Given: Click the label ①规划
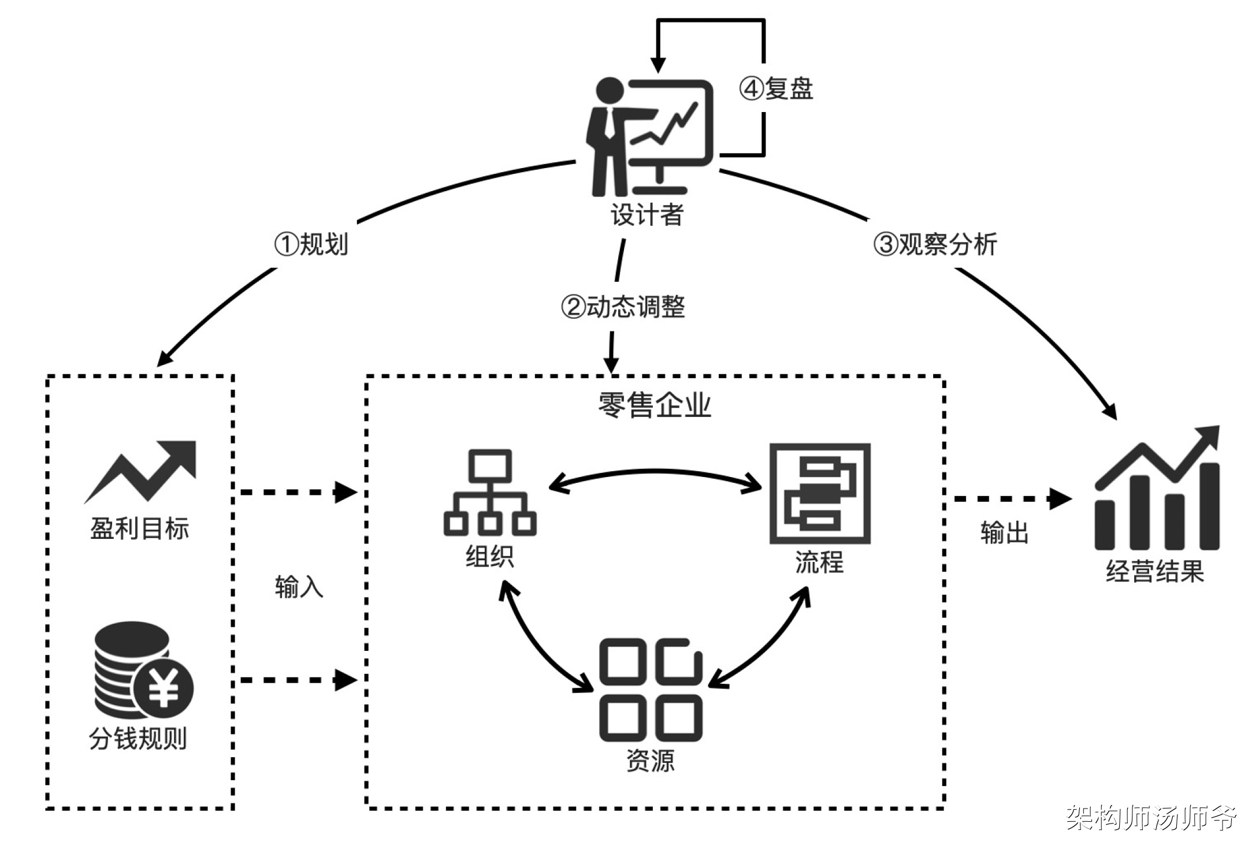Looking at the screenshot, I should [311, 244].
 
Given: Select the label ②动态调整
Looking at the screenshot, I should [623, 307].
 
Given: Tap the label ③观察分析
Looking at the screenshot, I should [935, 244].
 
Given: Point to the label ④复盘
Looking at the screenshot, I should [776, 89].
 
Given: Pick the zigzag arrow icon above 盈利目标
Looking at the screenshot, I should [141, 471].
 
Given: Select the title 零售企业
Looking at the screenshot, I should [654, 405].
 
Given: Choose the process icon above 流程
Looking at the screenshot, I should [820, 494].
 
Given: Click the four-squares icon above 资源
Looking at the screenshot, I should [651, 690].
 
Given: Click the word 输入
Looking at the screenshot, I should [299, 587].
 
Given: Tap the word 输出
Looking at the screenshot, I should [1004, 532].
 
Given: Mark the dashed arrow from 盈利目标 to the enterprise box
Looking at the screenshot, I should [298, 493].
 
